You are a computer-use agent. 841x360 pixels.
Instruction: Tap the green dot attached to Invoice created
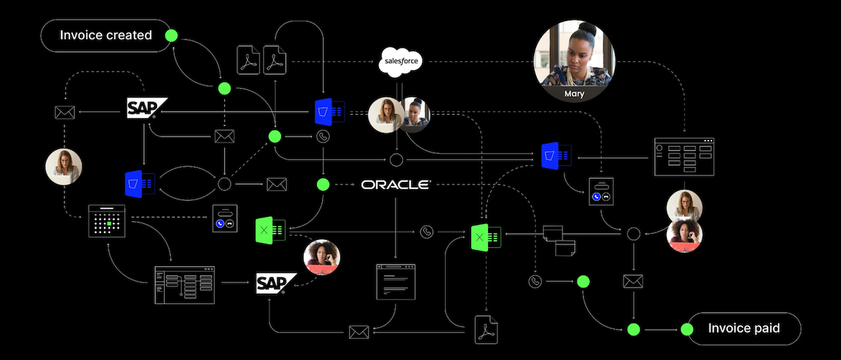tap(171, 35)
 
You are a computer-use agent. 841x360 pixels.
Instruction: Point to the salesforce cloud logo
tap(399, 62)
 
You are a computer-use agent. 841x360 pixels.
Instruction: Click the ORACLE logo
tap(396, 185)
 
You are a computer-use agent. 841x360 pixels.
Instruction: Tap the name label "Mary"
tap(574, 94)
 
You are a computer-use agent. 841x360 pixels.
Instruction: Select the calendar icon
tap(106, 221)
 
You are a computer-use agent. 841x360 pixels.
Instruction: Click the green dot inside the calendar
tap(109, 224)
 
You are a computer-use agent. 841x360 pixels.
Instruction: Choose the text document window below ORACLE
tap(396, 282)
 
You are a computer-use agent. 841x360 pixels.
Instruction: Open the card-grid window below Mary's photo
tap(684, 156)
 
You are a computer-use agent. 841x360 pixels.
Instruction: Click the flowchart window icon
tap(185, 284)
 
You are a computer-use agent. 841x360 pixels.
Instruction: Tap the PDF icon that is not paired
tap(486, 328)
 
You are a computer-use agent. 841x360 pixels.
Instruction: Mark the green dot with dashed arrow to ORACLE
tap(323, 185)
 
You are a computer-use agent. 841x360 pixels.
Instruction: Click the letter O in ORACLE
tap(367, 185)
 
